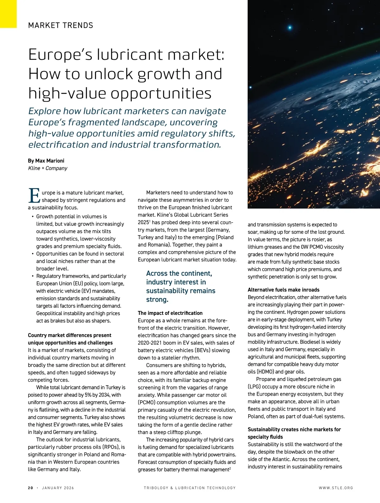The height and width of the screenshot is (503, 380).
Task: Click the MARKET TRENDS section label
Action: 60,25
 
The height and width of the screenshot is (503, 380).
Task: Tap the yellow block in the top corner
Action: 8,14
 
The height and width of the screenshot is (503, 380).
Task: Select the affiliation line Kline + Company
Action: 47,168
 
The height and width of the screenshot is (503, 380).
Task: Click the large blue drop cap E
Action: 34,196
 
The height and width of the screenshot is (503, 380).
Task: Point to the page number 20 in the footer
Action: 30,488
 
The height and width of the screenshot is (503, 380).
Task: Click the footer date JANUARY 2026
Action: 58,488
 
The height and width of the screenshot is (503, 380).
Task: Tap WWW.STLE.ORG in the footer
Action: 336,488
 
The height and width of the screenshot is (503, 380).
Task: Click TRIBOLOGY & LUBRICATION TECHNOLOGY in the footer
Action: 190,488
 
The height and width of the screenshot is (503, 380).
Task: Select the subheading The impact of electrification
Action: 170,313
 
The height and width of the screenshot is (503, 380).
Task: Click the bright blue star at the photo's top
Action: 289,28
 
